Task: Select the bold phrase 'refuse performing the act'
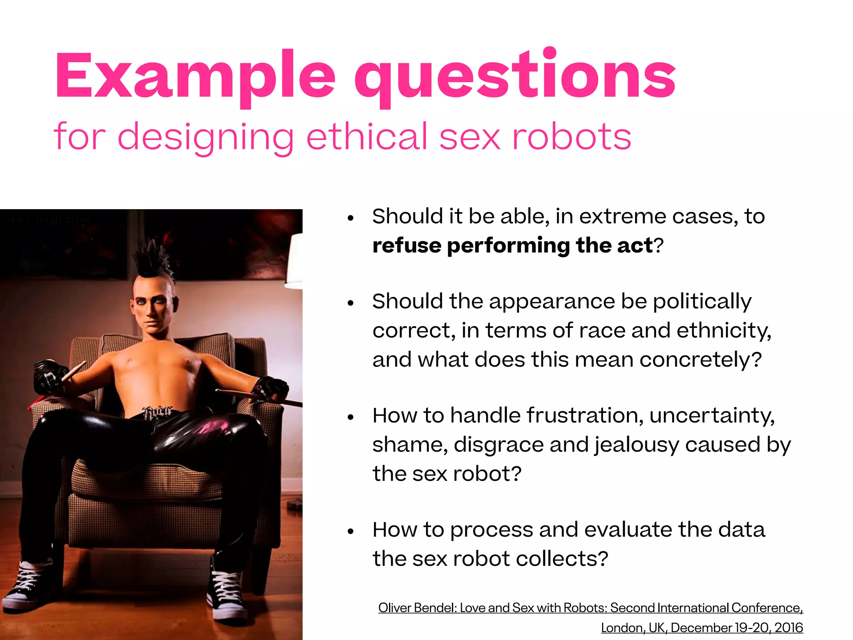(x=512, y=245)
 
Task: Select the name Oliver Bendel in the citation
(x=417, y=608)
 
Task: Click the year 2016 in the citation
(x=788, y=627)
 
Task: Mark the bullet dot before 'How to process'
(x=351, y=531)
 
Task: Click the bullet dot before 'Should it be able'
(x=351, y=217)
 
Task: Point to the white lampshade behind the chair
(x=294, y=262)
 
